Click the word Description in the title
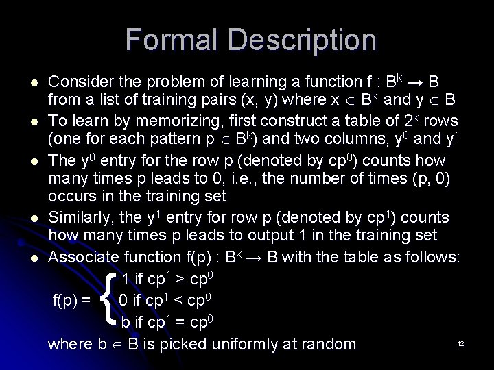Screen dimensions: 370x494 pos(301,39)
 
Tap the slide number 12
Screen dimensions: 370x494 pos(461,343)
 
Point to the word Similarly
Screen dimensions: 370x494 pos(81,218)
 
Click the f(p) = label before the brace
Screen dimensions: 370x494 pos(72,301)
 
